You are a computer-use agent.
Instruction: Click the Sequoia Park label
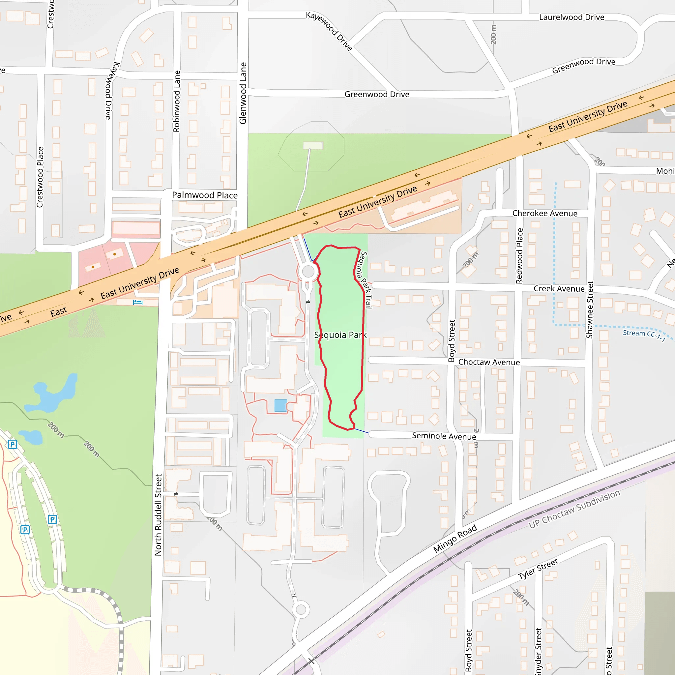coord(340,335)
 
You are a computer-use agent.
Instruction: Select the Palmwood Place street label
coord(205,195)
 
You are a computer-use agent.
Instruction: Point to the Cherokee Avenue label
coord(545,214)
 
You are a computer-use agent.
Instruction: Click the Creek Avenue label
coord(559,289)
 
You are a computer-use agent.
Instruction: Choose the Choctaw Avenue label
coord(489,362)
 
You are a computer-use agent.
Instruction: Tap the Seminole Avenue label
coord(444,436)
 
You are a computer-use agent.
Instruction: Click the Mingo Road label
coord(455,539)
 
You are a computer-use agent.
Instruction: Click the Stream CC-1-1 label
coord(644,335)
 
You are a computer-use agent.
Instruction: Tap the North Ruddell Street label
coord(158,514)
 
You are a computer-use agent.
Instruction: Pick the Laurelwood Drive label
coord(571,17)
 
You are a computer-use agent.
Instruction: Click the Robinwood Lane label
coord(177,101)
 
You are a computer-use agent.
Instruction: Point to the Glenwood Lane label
coord(243,93)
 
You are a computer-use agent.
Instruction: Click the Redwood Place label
coord(519,256)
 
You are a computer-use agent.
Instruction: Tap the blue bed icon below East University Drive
coord(138,302)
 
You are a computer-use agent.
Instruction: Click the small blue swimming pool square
coord(280,406)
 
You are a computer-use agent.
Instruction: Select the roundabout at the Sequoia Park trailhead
coord(308,272)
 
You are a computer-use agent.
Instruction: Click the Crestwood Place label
coord(40,177)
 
